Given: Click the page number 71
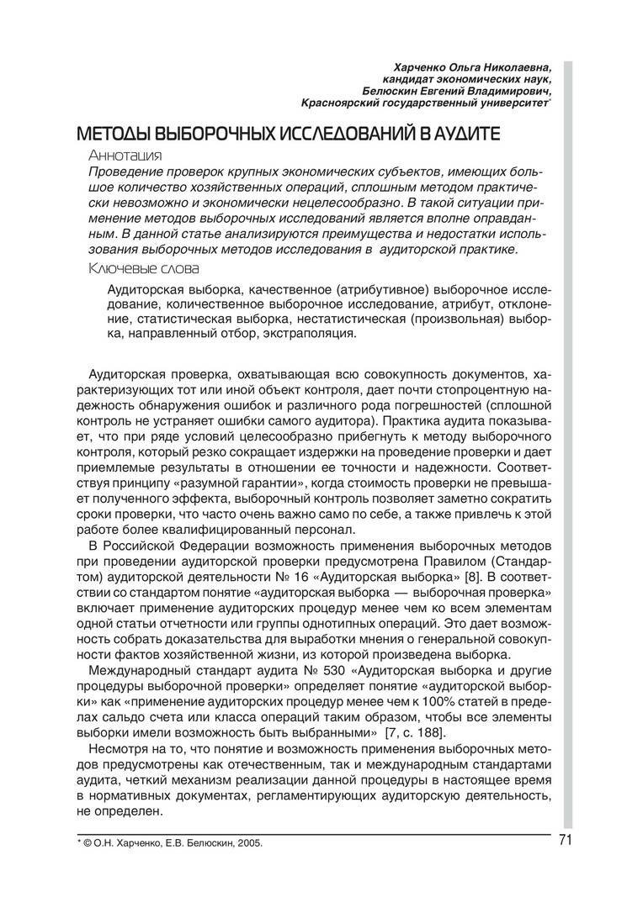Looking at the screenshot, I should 565,841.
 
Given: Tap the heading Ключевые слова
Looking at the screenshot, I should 143,269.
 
